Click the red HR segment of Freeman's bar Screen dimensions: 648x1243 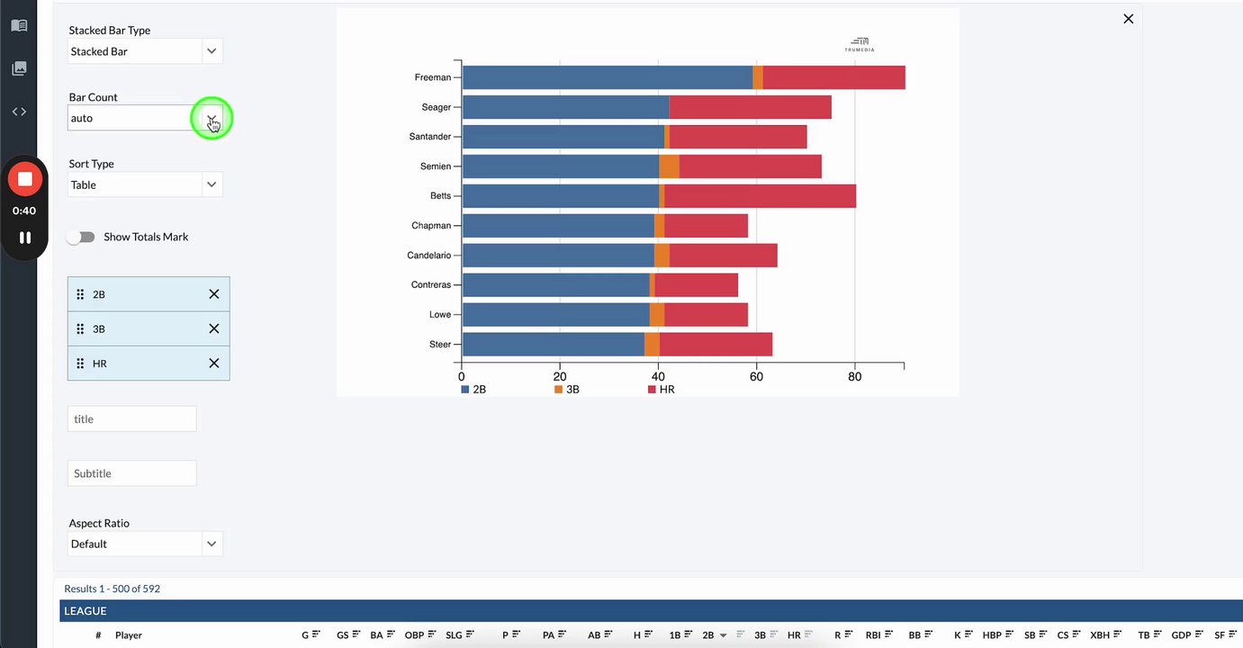coord(833,77)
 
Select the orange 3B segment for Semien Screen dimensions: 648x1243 coord(669,166)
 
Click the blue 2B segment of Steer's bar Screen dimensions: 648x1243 coord(553,345)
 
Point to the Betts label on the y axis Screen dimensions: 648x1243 coord(440,196)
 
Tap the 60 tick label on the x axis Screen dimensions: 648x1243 coord(756,377)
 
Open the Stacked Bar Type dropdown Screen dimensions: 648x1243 coord(145,51)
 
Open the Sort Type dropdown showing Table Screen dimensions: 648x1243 coord(145,184)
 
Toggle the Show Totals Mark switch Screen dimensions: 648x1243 coord(81,237)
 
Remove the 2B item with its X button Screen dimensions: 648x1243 coord(214,294)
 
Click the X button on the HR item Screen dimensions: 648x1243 coord(214,364)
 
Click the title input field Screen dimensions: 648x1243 coord(131,418)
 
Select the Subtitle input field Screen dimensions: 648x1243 coord(131,473)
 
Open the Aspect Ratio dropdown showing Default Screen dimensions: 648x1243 coord(145,544)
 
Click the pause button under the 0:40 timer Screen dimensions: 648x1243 coord(25,238)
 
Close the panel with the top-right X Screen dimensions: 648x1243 coord(1128,19)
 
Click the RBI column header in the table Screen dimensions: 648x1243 coord(872,635)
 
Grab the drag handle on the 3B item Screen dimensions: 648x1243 coord(80,329)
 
